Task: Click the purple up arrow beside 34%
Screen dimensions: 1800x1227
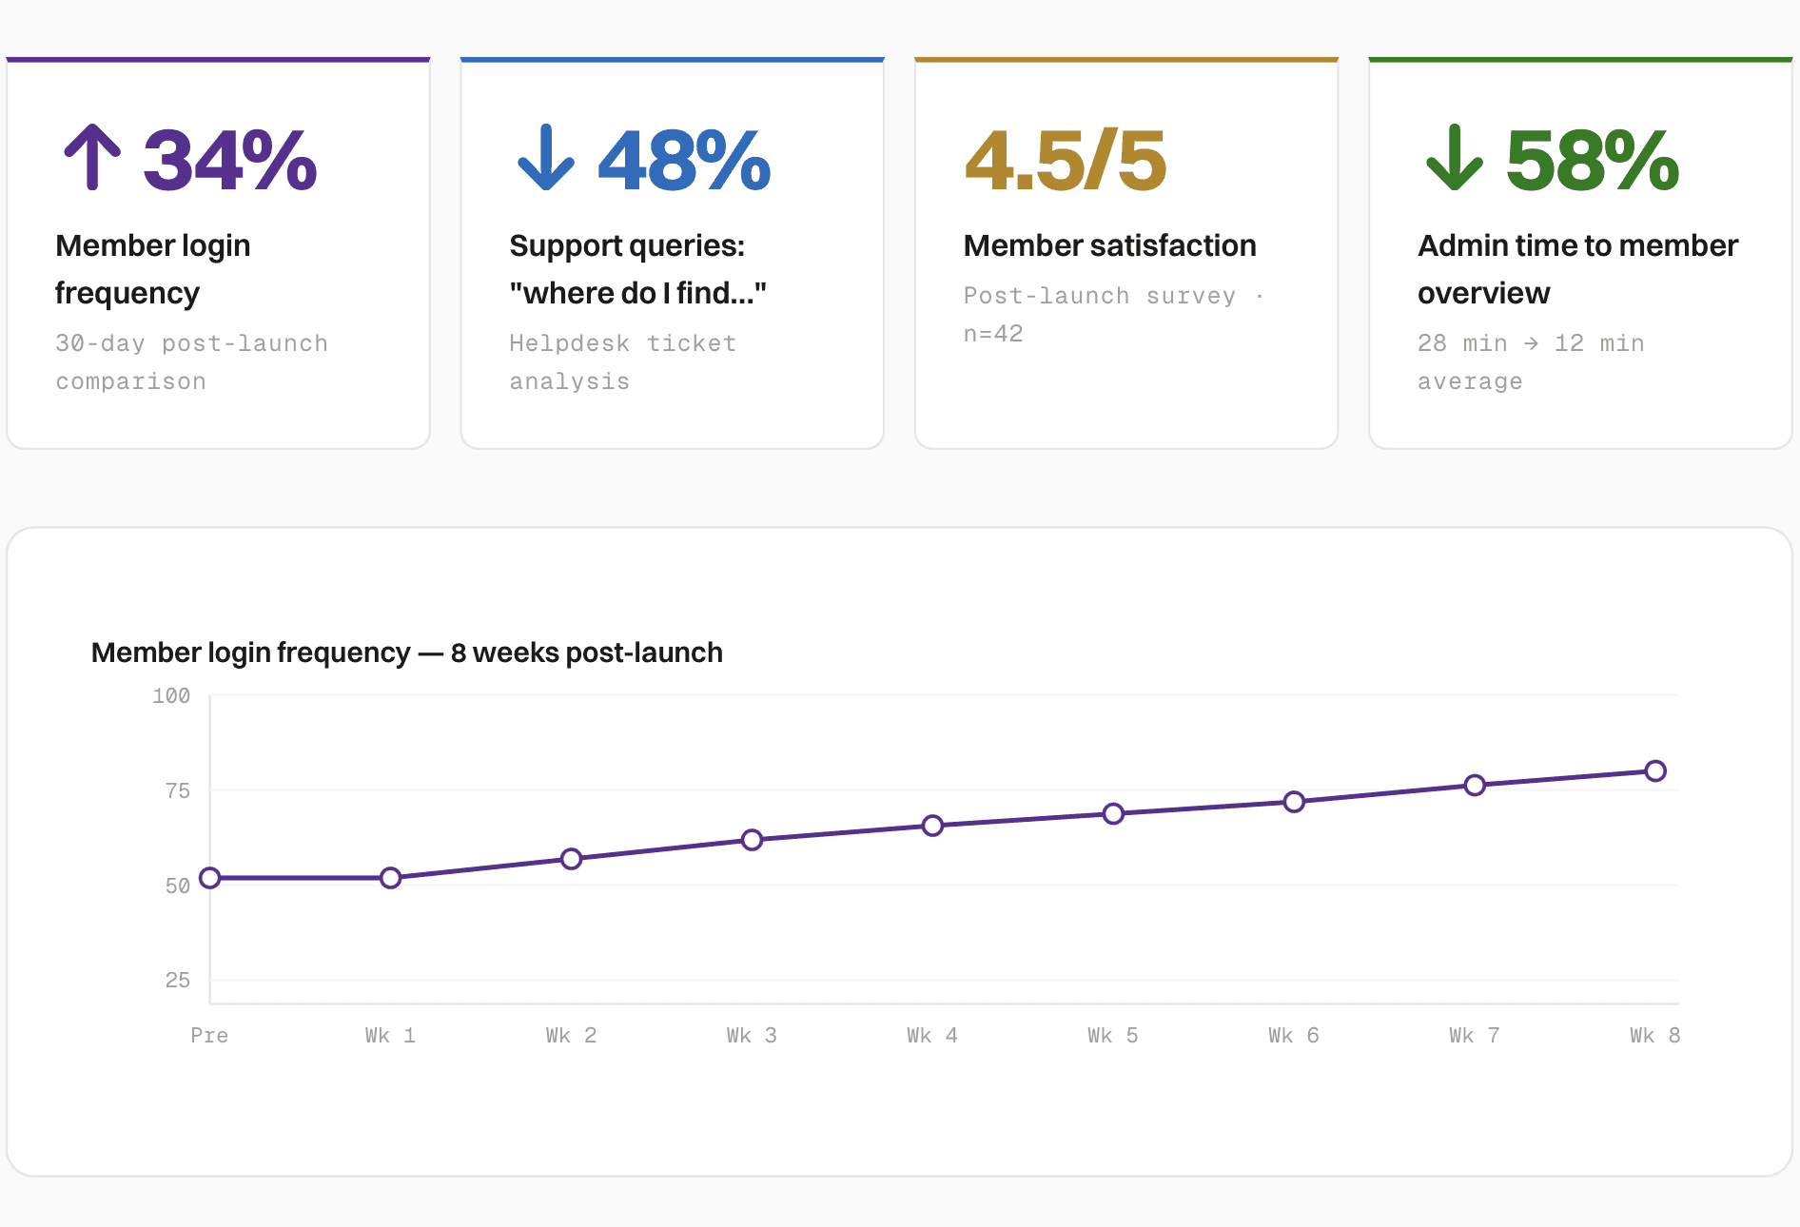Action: (92, 157)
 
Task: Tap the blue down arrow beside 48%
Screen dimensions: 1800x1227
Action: (546, 157)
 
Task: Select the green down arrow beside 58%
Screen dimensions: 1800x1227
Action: (1455, 157)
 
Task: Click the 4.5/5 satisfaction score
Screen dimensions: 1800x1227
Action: (1066, 161)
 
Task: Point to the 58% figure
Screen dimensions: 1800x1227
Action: (1593, 161)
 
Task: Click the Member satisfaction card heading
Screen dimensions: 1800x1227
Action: (1109, 245)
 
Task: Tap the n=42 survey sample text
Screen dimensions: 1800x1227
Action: (993, 334)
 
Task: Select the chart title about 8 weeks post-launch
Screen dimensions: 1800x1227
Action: (407, 652)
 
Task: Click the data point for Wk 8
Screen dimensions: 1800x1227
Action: (1655, 770)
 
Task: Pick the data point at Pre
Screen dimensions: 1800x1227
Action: (210, 878)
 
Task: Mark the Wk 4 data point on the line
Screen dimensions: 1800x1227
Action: (932, 826)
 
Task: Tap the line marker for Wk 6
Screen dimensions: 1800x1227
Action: (1294, 802)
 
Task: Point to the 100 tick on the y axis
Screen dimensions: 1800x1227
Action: (171, 695)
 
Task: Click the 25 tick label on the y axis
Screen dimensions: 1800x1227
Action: (178, 980)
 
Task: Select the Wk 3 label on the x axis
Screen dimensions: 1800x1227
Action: (752, 1035)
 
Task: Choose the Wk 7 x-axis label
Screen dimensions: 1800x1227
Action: (1475, 1035)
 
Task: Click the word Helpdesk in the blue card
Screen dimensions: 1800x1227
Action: (569, 343)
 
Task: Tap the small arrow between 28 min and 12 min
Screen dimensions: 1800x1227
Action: (1531, 343)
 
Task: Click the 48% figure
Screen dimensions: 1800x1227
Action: (684, 161)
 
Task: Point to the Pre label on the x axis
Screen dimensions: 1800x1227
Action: (209, 1035)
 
